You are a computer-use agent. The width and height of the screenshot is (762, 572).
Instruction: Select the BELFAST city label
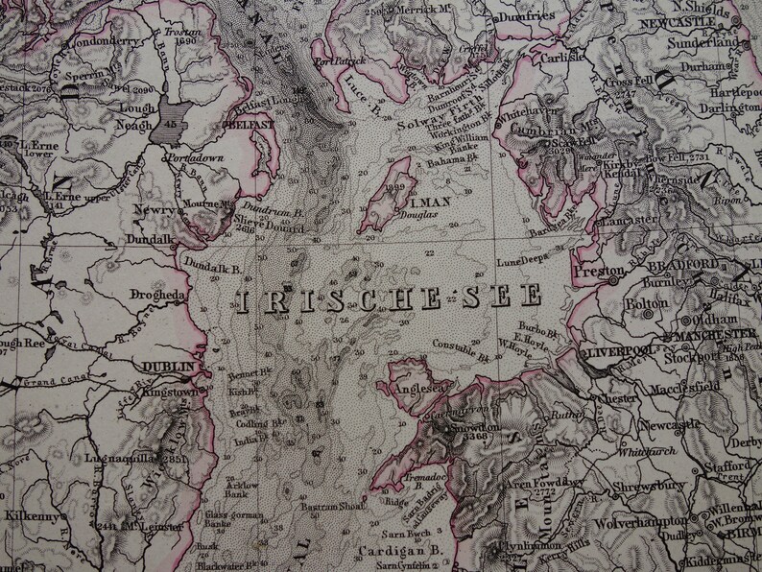point(247,125)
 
